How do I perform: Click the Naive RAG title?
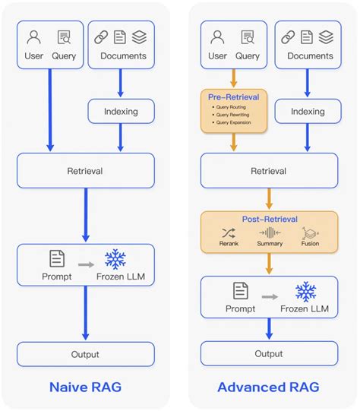click(86, 387)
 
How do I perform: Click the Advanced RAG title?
click(268, 387)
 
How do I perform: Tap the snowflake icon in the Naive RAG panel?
click(115, 258)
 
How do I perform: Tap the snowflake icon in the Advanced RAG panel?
click(305, 291)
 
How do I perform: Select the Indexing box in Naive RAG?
click(121, 111)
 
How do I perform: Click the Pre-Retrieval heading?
click(234, 98)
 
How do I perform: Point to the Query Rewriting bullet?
click(235, 115)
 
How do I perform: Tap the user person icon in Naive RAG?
click(33, 37)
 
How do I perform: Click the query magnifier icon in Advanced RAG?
click(248, 37)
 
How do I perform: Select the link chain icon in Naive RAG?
click(101, 37)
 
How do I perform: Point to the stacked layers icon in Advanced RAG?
click(326, 37)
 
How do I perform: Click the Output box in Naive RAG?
click(86, 353)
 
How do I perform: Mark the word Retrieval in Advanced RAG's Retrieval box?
click(268, 171)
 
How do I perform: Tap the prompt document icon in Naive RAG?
click(56, 259)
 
